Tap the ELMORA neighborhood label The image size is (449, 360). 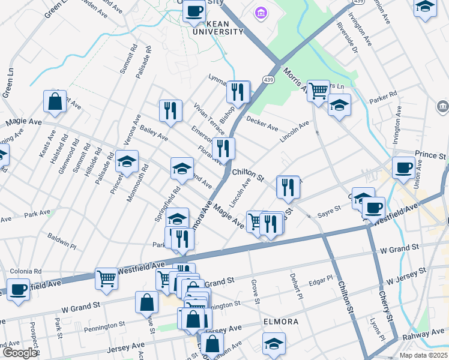[280, 322]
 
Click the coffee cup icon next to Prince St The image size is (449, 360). [404, 167]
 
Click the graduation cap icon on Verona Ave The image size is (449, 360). [127, 161]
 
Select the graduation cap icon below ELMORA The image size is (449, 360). [274, 344]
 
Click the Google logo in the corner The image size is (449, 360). [20, 353]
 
